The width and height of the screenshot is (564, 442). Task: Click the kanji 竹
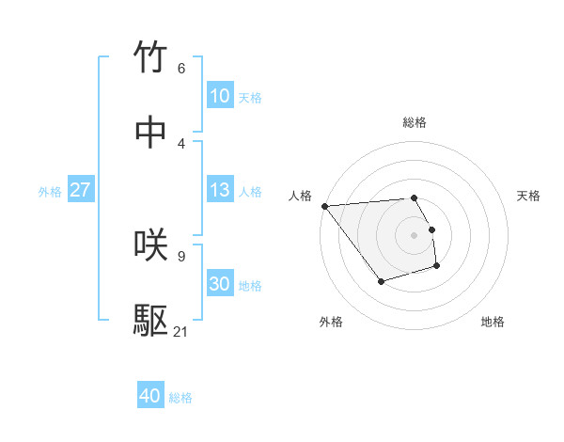coord(151,57)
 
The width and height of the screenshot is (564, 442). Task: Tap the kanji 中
coord(151,133)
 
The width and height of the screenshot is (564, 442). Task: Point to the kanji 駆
coord(151,321)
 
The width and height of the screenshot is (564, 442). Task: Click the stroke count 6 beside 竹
coord(181,68)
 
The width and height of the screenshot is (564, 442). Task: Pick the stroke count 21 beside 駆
coord(181,331)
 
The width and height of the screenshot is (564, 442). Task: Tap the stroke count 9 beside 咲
coord(181,255)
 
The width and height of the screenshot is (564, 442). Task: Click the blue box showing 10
coord(219,96)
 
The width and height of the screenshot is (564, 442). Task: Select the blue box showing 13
coord(219,190)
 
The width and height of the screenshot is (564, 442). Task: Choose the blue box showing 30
coord(219,284)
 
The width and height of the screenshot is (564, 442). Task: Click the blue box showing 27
coord(80,190)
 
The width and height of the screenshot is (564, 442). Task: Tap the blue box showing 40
coord(149,397)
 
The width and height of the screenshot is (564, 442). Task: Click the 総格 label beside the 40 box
coord(180,398)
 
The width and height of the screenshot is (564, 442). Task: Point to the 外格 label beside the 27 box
coord(50,191)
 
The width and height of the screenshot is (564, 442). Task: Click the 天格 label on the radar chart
coord(528,195)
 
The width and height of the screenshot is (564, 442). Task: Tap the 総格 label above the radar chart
coord(415,122)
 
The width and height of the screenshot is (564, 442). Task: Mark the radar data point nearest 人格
coord(324,205)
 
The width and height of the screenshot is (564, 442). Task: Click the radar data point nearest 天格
coord(431,229)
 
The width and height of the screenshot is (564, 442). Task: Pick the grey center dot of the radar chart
coord(415,234)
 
